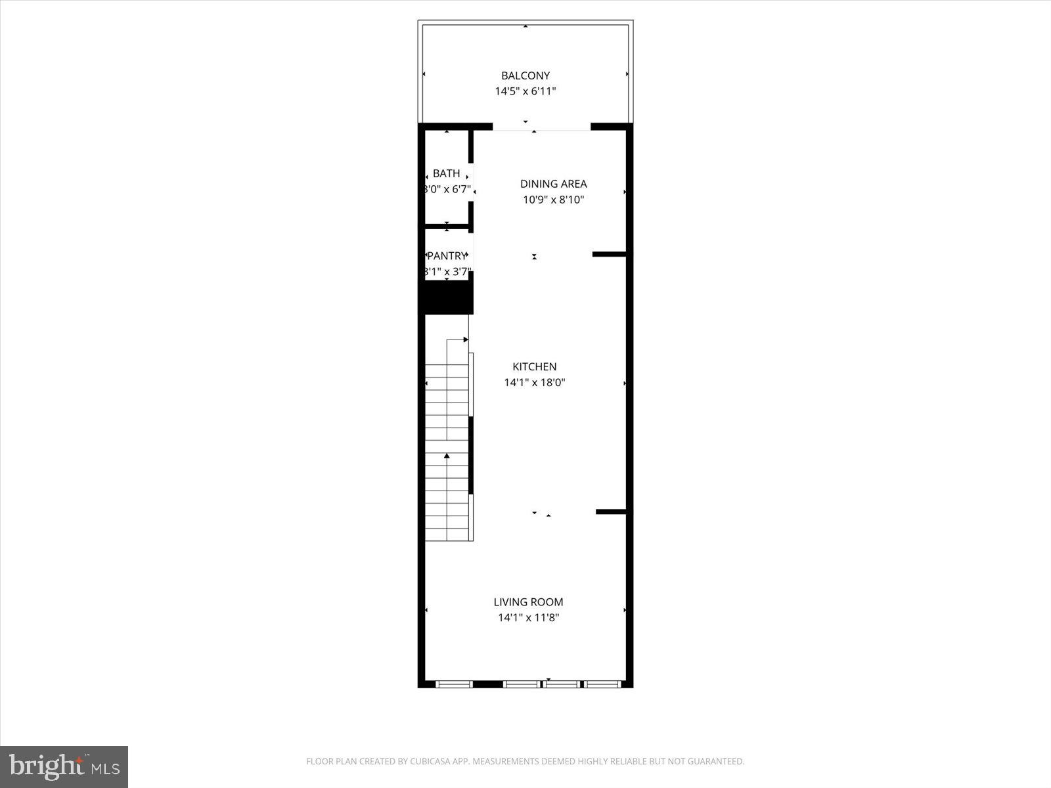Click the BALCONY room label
click(525, 76)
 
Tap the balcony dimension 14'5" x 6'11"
click(525, 91)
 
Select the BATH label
click(447, 173)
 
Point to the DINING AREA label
click(554, 184)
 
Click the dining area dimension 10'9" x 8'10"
click(554, 200)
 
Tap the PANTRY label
click(447, 256)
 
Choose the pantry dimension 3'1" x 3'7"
click(447, 271)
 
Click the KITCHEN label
click(535, 366)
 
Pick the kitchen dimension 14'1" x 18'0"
click(535, 382)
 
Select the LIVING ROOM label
click(529, 602)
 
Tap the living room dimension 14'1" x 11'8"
click(529, 617)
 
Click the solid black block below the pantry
click(447, 297)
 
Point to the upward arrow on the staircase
click(447, 455)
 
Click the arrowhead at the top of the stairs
click(466, 339)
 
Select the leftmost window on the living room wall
click(455, 684)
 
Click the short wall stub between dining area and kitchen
click(609, 254)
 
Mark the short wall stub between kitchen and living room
click(611, 512)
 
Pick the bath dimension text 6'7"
click(459, 189)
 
